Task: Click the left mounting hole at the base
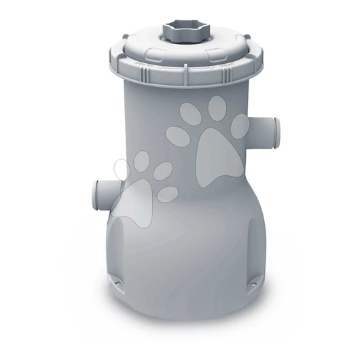[x=120, y=280]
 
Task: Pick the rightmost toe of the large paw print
[x=239, y=125]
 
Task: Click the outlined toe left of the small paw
[x=121, y=170]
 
